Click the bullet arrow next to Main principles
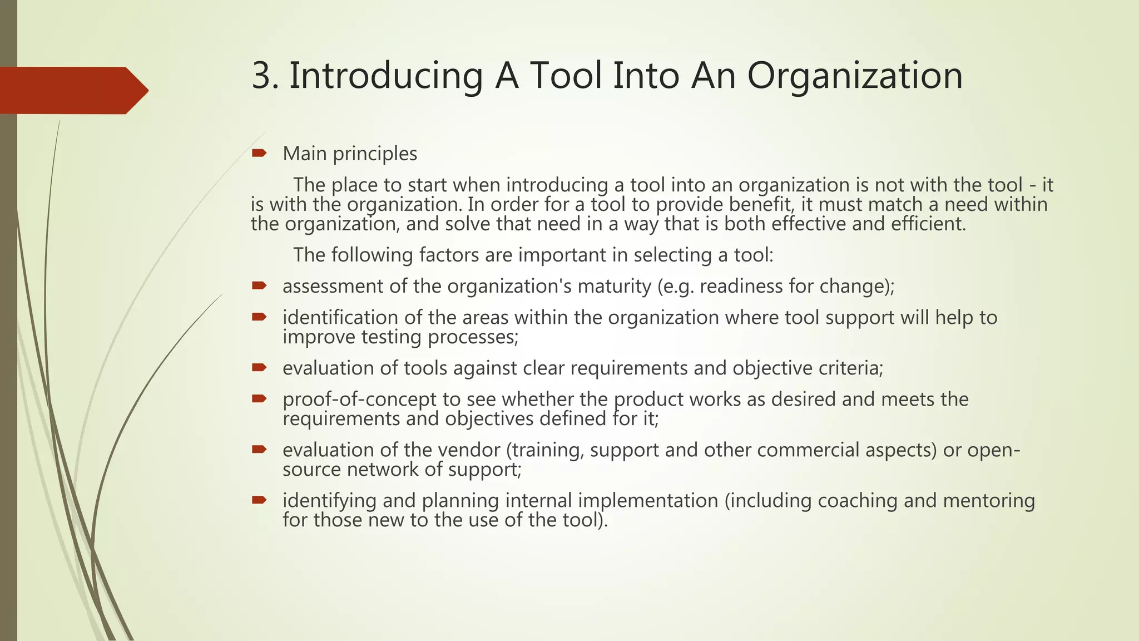[259, 153]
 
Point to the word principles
[375, 154]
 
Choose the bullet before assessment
[259, 286]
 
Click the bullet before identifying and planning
[259, 500]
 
